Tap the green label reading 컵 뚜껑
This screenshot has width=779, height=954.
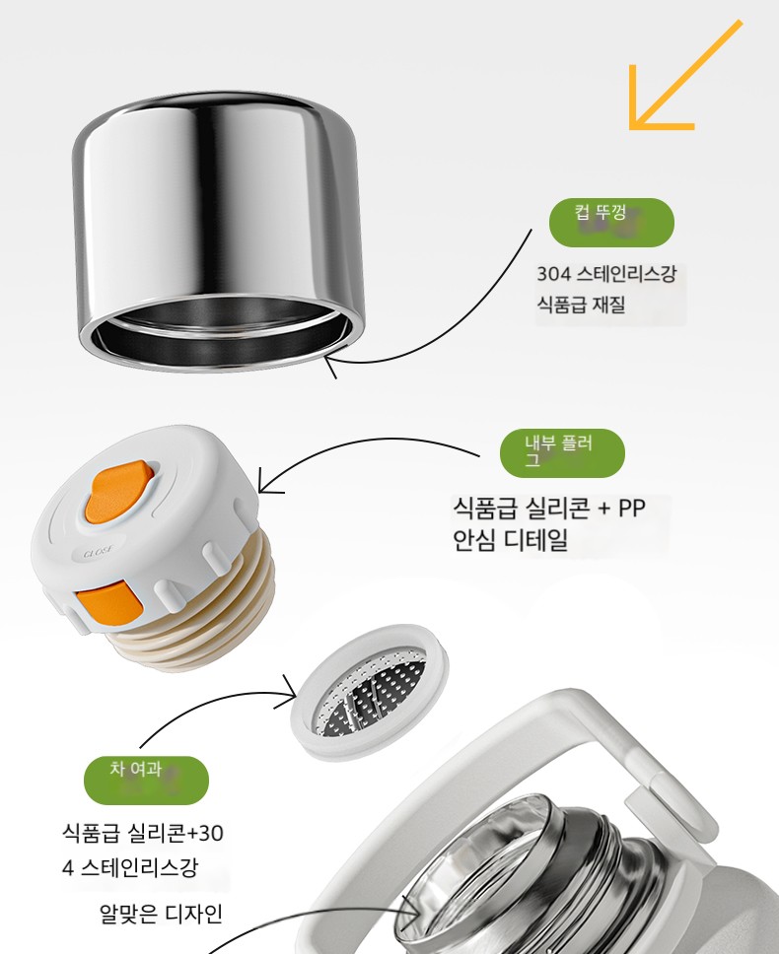[611, 222]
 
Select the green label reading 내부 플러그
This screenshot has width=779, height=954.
[562, 453]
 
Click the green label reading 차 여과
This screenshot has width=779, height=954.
[146, 780]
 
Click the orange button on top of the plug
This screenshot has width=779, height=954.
[117, 492]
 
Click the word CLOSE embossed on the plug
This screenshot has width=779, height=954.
[98, 553]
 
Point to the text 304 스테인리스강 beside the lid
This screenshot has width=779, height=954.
[606, 274]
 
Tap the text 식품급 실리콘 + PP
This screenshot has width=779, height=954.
[548, 508]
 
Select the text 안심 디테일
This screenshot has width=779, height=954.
[510, 540]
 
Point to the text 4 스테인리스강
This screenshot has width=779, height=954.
[130, 867]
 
